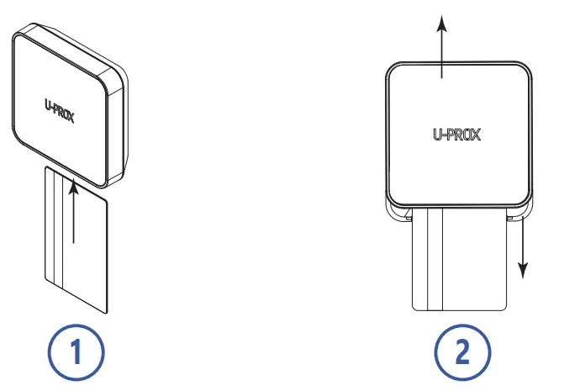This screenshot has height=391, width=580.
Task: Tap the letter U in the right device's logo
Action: (x=437, y=133)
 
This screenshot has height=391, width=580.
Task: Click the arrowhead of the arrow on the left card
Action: (x=74, y=188)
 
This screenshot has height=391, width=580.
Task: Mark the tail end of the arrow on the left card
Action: (x=74, y=244)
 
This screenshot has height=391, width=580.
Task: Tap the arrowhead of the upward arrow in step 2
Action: (x=441, y=18)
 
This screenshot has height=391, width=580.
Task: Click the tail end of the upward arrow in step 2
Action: (x=441, y=78)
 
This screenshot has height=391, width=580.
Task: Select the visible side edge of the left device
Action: (x=121, y=126)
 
